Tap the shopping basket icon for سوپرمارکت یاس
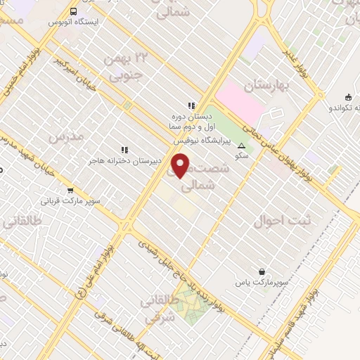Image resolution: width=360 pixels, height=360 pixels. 262,271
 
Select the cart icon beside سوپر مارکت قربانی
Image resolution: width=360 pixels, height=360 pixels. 70,190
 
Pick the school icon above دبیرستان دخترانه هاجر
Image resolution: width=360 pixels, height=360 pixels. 124,149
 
